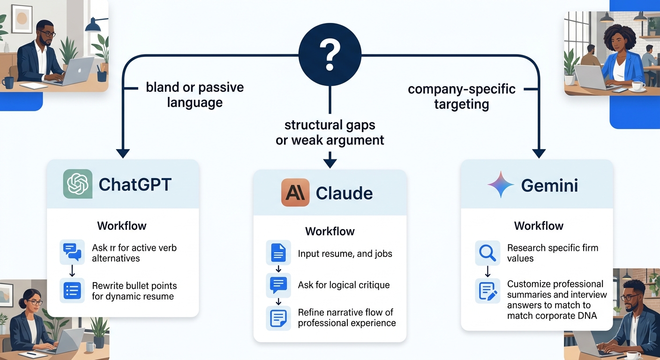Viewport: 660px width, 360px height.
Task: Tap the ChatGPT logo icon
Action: point(78,184)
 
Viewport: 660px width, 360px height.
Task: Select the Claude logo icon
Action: point(295,193)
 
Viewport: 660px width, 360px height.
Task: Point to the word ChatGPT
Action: point(135,185)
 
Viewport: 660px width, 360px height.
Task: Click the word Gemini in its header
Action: point(549,186)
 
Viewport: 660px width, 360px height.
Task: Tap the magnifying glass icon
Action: point(487,253)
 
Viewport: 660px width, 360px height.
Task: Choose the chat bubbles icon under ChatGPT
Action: point(72,252)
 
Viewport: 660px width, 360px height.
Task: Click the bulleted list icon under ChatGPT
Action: point(72,291)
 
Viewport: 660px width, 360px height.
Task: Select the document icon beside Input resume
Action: point(278,254)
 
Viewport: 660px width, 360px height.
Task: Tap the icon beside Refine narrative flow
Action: point(278,317)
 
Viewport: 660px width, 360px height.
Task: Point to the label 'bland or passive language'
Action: point(195,95)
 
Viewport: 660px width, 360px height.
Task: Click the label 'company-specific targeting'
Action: point(462,97)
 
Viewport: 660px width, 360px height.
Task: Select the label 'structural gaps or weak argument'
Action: point(330,132)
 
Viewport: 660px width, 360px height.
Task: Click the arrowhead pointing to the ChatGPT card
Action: point(123,153)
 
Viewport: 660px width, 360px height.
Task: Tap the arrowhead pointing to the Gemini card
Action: point(539,153)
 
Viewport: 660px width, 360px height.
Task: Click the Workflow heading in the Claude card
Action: point(330,232)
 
